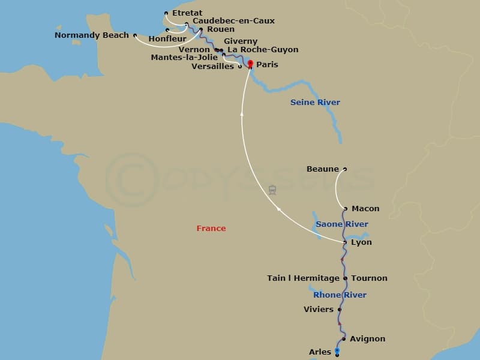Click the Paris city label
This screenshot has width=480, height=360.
[267, 65]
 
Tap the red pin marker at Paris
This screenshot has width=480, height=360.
[250, 64]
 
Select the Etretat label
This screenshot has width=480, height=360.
[187, 13]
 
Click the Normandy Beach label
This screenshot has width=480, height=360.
[92, 35]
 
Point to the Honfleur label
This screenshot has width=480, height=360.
[167, 38]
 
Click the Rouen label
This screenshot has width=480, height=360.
[220, 29]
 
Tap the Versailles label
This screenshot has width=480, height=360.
[212, 67]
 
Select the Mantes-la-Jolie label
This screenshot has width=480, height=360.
[185, 58]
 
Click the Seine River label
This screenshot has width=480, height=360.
[315, 103]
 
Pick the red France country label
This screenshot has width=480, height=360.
[211, 229]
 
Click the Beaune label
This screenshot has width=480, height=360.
[323, 169]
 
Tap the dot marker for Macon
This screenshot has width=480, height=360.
[346, 209]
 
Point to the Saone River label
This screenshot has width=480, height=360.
[342, 224]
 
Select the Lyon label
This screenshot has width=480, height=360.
[361, 242]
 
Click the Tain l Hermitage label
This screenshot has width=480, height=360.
[303, 278]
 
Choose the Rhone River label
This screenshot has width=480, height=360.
[340, 295]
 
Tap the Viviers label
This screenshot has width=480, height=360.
[319, 310]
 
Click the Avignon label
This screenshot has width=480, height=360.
[367, 339]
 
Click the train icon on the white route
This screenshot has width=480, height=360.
[272, 190]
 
